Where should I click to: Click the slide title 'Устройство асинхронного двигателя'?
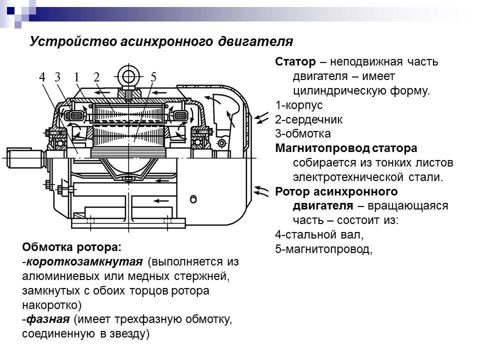click(160, 41)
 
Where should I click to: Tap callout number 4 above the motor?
click(42, 77)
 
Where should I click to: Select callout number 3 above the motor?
click(58, 77)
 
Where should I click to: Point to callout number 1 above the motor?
click(77, 77)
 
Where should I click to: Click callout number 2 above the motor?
click(96, 77)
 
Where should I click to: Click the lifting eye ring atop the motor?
click(129, 76)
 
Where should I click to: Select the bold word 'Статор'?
click(295, 62)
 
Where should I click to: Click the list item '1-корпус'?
click(298, 105)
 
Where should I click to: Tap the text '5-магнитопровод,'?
click(324, 249)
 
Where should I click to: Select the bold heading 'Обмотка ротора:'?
click(71, 247)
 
